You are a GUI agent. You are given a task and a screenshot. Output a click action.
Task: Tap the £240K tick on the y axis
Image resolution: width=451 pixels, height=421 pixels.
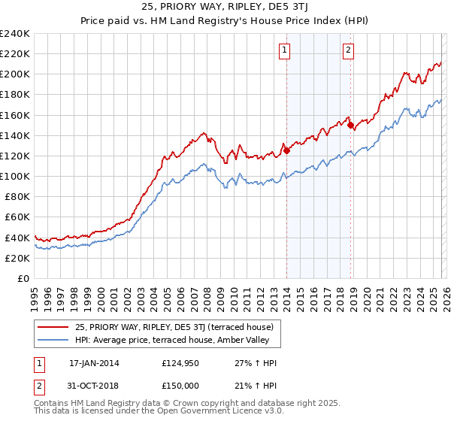[15, 34]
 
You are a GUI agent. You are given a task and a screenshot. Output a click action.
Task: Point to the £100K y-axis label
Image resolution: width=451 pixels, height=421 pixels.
[15, 176]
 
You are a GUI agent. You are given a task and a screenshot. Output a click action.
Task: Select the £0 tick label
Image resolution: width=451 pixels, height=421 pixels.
[24, 278]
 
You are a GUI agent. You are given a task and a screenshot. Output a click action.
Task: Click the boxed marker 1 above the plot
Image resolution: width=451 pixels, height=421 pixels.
[286, 51]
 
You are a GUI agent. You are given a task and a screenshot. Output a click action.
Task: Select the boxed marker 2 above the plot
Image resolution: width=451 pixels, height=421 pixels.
[350, 51]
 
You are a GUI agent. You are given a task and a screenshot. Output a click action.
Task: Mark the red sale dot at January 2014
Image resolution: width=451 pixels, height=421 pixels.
[286, 150]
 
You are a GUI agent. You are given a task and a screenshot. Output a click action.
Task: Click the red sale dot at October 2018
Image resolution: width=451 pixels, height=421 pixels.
[351, 126]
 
